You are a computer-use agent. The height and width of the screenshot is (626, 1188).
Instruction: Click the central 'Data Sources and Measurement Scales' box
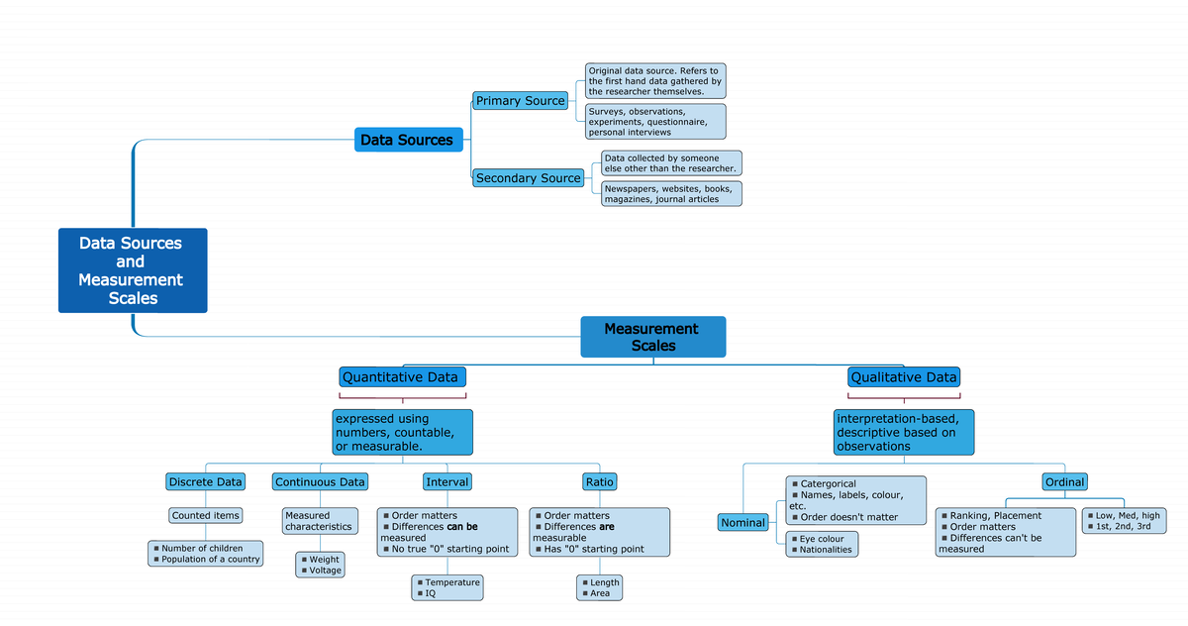click(x=132, y=270)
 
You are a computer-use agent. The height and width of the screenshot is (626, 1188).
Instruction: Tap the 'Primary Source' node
click(x=521, y=101)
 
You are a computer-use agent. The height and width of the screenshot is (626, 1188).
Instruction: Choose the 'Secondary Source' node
click(x=528, y=178)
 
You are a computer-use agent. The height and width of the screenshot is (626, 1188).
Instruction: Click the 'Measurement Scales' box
click(x=652, y=337)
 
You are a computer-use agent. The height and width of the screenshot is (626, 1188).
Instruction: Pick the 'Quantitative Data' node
click(x=401, y=377)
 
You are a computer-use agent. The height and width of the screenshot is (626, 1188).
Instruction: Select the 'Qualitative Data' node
click(x=904, y=377)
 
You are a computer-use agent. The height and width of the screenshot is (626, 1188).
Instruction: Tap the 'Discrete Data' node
click(x=205, y=482)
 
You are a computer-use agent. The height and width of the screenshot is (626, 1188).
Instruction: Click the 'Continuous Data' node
click(x=320, y=482)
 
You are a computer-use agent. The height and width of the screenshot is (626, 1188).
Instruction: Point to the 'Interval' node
click(x=446, y=482)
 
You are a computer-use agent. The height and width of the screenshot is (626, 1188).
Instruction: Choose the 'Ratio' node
click(x=600, y=482)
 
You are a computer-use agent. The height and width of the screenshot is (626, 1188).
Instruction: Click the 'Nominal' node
click(x=742, y=523)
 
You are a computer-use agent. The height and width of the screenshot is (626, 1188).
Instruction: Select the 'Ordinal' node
click(x=1065, y=482)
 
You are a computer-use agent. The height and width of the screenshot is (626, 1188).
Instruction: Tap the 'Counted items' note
click(x=205, y=516)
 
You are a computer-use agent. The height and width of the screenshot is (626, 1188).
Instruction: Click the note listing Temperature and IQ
click(x=447, y=587)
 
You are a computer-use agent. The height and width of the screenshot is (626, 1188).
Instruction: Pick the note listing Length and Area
click(x=600, y=587)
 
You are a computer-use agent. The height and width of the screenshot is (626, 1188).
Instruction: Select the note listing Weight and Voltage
click(x=320, y=565)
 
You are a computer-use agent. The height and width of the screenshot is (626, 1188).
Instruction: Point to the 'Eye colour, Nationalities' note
click(x=822, y=544)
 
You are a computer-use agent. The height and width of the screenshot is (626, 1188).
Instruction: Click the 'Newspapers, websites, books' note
click(x=671, y=193)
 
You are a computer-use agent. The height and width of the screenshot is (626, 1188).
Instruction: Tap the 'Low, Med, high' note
click(x=1125, y=521)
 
